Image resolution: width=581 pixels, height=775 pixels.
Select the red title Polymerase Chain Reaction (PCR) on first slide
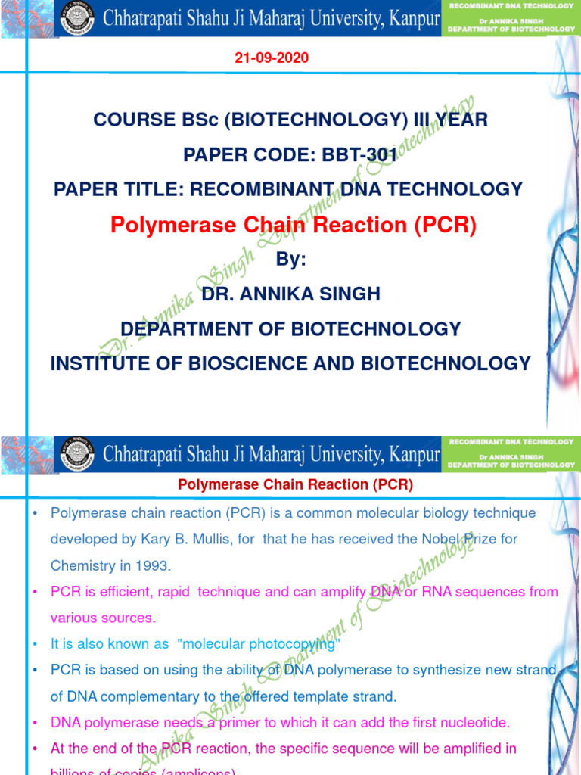pos(293,225)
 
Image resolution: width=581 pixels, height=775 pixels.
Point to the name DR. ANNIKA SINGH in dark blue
pos(290,294)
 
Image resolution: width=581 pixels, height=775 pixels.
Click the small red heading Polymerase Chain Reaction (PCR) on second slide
pos(296,484)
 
